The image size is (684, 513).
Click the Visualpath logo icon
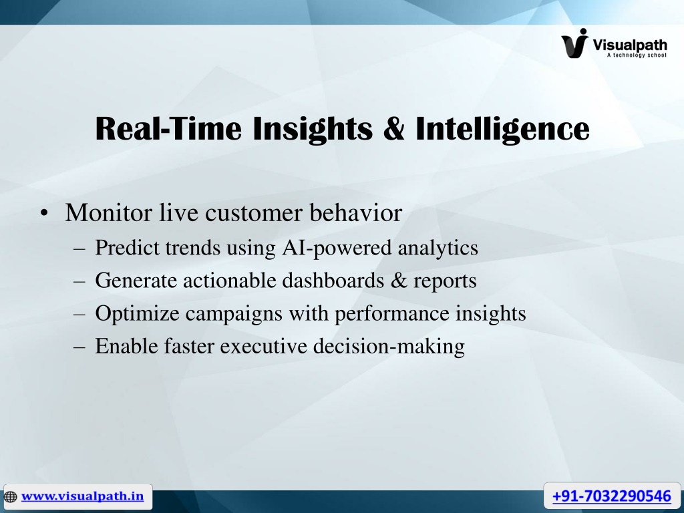[575, 43]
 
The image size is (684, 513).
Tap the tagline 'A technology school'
[637, 55]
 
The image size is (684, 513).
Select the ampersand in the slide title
[394, 128]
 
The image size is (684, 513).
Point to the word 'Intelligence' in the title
[502, 129]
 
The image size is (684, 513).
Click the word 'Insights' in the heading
[313, 129]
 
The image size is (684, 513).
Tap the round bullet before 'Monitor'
[43, 214]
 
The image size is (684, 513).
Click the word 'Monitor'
[109, 212]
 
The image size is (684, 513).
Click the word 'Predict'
[127, 247]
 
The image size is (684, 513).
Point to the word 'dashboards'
[333, 280]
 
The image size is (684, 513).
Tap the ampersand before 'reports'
[399, 281]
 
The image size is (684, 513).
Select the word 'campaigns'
[234, 314]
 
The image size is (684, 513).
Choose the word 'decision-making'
[389, 347]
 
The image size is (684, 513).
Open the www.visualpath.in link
[82, 496]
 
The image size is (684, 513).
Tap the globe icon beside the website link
[10, 496]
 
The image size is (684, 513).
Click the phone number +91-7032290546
[612, 496]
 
